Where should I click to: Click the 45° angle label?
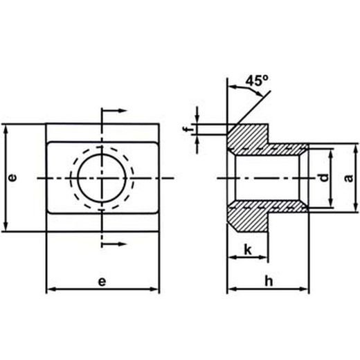coord(257,81)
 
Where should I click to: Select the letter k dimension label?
coord(248,250)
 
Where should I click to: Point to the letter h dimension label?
coord(269,281)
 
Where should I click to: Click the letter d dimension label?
coord(324,177)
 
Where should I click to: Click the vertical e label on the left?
coord(12,177)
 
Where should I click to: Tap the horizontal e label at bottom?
coord(102,282)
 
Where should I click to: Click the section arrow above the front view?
coord(114,111)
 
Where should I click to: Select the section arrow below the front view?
coord(114,244)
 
